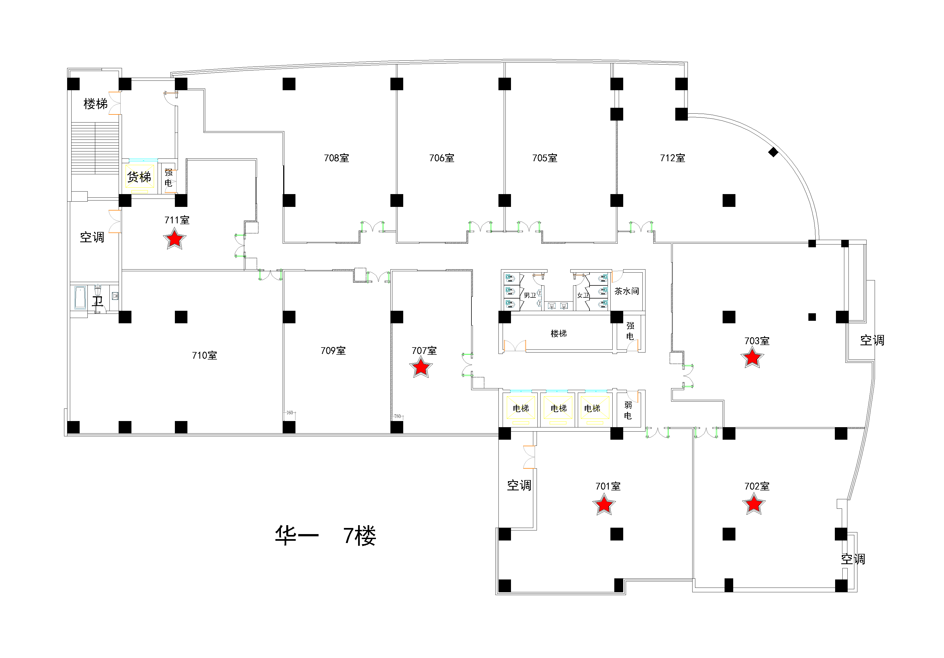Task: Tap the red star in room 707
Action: [420, 367]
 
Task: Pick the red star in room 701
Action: [604, 505]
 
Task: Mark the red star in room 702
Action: [754, 504]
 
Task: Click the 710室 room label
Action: [204, 355]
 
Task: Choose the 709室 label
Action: [333, 351]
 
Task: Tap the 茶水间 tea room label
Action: [627, 291]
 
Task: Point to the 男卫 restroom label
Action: [530, 295]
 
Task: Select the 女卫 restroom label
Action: [583, 295]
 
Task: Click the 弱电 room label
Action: [628, 410]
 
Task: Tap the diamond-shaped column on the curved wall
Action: [773, 152]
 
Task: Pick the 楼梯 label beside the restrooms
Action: [558, 334]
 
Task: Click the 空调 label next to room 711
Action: [92, 237]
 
